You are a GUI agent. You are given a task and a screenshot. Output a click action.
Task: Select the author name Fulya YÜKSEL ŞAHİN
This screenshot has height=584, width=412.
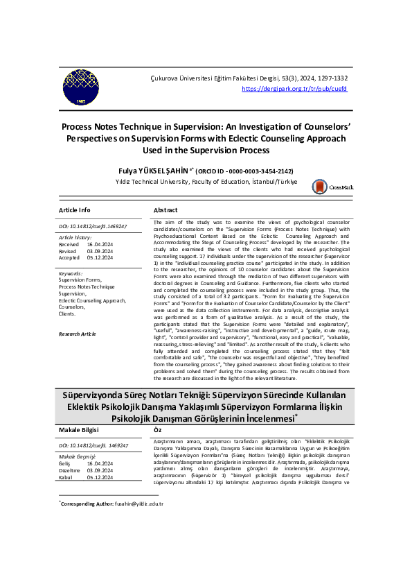click(154, 170)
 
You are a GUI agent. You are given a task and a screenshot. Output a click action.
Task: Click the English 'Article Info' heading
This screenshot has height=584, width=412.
click(74, 210)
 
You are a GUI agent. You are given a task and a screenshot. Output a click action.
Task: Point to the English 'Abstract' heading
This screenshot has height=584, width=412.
click(165, 210)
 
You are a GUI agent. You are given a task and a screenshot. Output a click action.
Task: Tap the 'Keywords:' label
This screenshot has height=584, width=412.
click(72, 273)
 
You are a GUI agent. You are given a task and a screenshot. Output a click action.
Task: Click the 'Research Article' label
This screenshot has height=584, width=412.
click(78, 334)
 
